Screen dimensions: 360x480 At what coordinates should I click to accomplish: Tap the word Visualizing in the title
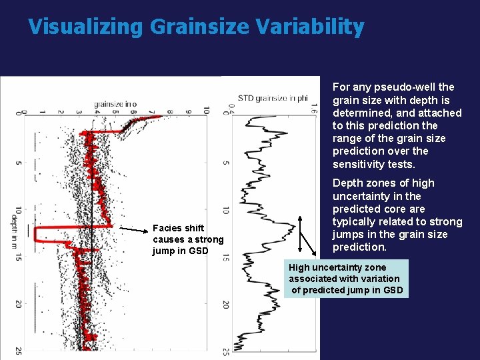(85, 27)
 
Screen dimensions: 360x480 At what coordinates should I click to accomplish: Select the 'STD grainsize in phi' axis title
(273, 97)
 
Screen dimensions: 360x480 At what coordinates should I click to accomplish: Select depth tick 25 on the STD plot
(227, 352)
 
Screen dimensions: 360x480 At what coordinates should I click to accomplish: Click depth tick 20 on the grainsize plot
(18, 304)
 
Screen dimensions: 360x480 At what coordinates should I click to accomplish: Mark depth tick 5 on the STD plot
(227, 163)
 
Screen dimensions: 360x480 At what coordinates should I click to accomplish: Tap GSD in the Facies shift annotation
(199, 251)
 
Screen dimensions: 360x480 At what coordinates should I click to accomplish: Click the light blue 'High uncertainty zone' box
(345, 279)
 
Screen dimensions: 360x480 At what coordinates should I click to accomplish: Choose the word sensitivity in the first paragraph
(361, 164)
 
